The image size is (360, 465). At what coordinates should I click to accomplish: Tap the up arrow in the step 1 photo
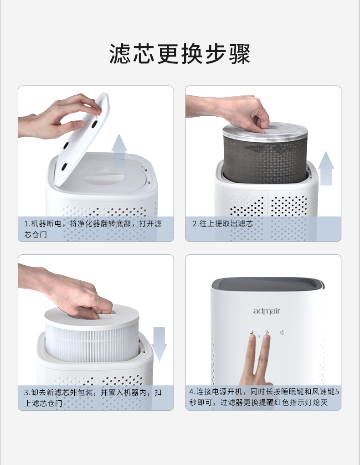click(119, 150)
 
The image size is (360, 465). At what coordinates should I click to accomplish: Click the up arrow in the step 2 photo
click(326, 169)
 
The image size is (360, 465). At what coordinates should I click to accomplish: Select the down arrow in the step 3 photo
click(159, 343)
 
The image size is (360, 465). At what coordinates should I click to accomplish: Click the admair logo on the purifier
click(267, 311)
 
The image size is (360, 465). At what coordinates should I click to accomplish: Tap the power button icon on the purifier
click(283, 332)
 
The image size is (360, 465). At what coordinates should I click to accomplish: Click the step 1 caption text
click(93, 229)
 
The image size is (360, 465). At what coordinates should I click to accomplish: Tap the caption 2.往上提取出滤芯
click(223, 224)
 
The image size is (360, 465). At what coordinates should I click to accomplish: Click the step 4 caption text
click(263, 398)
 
